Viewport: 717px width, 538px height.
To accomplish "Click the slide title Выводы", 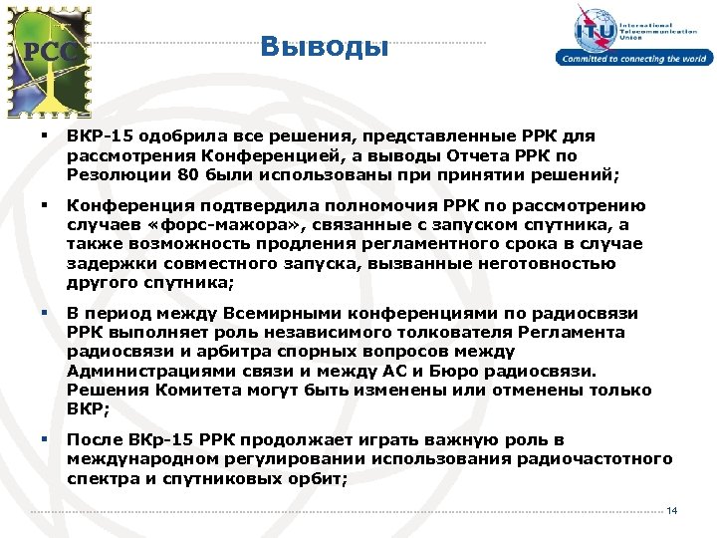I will [x=324, y=46].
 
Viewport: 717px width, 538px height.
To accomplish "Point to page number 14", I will [x=672, y=511].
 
